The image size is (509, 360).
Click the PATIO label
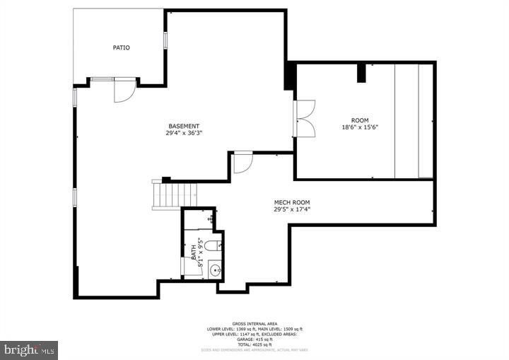pos(122,47)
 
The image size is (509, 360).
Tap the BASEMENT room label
pos(183,126)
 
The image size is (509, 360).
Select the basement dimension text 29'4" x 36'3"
pos(183,134)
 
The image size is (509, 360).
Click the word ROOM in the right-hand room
pos(360,120)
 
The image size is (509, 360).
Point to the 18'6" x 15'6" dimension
pos(360,127)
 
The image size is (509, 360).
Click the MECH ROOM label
pos(292,202)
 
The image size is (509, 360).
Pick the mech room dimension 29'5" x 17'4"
pos(292,209)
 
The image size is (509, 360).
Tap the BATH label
pos(193,250)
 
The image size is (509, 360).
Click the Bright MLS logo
pos(30,349)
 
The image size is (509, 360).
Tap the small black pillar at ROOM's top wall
pos(361,71)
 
